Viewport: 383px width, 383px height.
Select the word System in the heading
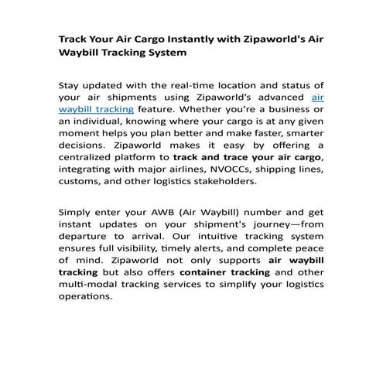[161, 54]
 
